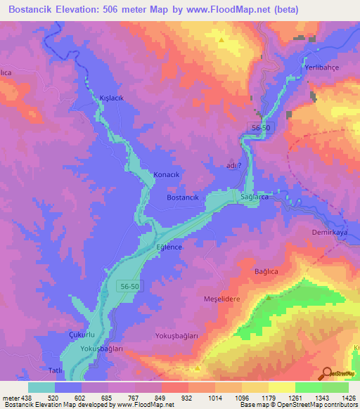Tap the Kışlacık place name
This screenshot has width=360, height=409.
tap(112, 98)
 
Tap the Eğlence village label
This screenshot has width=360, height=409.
tap(169, 247)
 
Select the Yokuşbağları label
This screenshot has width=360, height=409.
tap(176, 336)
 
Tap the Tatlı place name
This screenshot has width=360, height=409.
tap(55, 370)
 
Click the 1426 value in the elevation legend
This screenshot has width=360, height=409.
tap(347, 398)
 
